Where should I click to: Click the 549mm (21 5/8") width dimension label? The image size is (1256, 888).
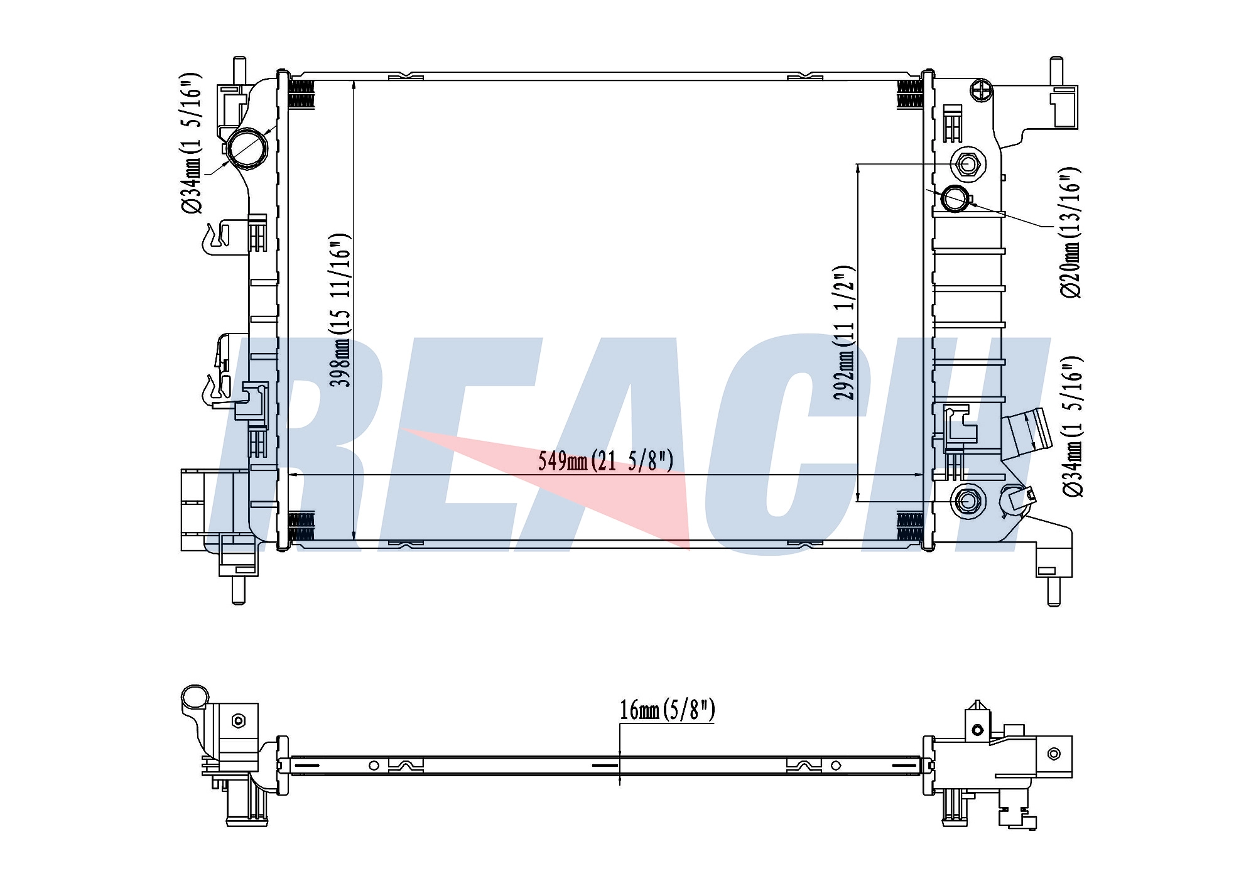click(x=605, y=462)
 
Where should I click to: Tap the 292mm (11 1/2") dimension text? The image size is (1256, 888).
click(x=845, y=333)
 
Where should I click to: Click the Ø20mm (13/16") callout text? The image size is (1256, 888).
click(x=1070, y=232)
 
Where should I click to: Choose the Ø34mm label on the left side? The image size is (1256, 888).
click(x=192, y=144)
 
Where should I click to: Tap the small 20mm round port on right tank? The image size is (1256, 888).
click(x=955, y=198)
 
